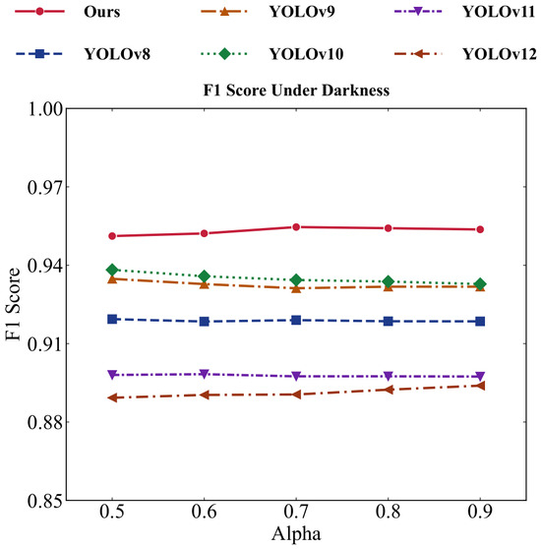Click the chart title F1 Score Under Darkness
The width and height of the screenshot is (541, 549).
pyautogui.click(x=296, y=91)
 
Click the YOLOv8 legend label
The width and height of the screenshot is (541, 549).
pyautogui.click(x=117, y=54)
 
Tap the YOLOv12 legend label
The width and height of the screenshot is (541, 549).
pyautogui.click(x=500, y=54)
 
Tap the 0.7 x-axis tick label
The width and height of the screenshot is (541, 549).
pyautogui.click(x=296, y=513)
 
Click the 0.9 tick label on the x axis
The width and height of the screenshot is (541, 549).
pyautogui.click(x=480, y=513)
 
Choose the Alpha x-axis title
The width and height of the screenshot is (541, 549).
pyautogui.click(x=296, y=534)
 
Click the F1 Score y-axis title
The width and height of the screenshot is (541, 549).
pyautogui.click(x=13, y=304)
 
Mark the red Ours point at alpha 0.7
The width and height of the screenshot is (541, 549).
pyautogui.click(x=296, y=227)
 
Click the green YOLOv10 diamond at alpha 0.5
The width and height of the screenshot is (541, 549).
pyautogui.click(x=112, y=270)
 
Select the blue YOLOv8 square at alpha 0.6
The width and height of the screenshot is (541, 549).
pyautogui.click(x=205, y=322)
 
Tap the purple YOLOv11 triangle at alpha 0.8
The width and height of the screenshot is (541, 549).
pyautogui.click(x=389, y=376)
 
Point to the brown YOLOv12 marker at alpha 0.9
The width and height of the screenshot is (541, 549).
pyautogui.click(x=480, y=386)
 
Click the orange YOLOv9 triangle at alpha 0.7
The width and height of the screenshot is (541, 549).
pyautogui.click(x=296, y=288)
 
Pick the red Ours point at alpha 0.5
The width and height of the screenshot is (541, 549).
pyautogui.click(x=112, y=236)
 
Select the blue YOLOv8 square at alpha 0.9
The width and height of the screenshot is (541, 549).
pyautogui.click(x=480, y=322)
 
